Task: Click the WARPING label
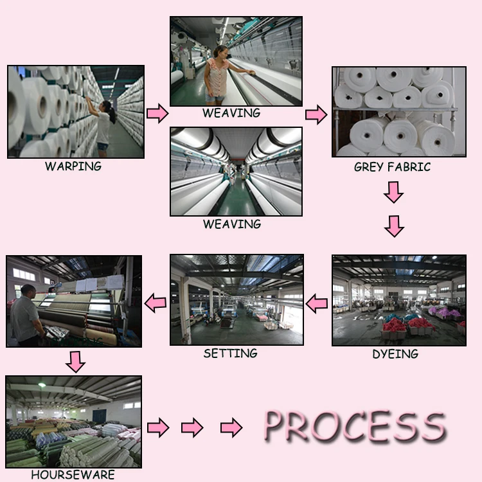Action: pos(73,166)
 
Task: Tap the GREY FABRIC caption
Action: pos(392,167)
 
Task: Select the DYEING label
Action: pos(395,353)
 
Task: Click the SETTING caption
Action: pos(230,353)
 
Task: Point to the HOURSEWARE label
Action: pos(73,475)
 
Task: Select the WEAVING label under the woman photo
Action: pos(231,113)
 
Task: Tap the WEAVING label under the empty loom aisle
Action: pos(232,224)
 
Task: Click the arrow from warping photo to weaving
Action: pos(157,114)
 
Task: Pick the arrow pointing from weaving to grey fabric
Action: pos(316,115)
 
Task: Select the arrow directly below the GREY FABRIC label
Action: pos(393,192)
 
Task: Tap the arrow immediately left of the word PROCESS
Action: pos(231,427)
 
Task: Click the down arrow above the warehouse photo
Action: pos(76,361)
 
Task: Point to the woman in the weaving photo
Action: pos(217,73)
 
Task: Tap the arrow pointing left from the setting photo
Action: pos(155,303)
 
